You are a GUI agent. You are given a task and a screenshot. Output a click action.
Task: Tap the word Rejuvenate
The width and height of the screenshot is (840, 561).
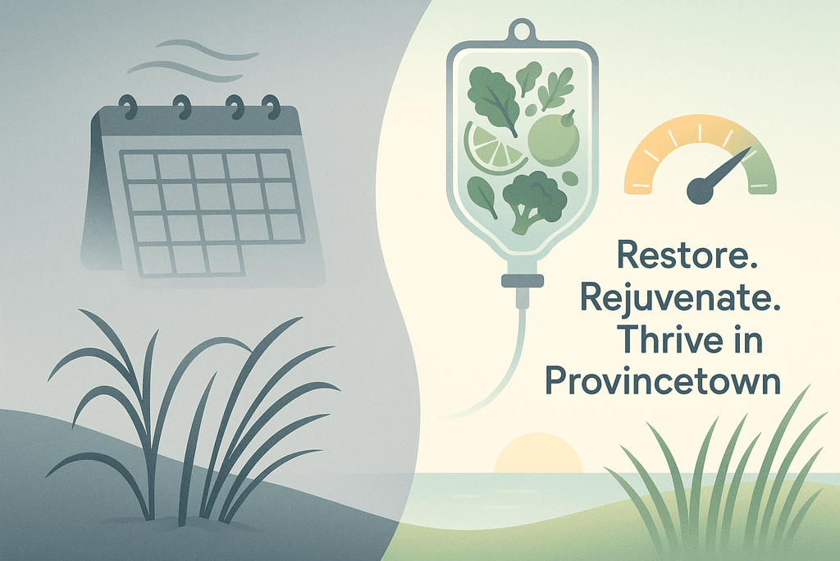click(x=680, y=299)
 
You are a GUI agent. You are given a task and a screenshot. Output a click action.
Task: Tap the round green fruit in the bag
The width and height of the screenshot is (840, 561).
click(x=554, y=138)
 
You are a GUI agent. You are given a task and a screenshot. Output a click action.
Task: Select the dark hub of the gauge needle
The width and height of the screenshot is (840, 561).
click(x=701, y=191)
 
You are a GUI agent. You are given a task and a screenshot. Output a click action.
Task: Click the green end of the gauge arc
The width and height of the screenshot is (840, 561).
click(x=762, y=171)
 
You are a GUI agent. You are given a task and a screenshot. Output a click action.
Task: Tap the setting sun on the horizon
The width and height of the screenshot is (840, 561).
click(x=538, y=453)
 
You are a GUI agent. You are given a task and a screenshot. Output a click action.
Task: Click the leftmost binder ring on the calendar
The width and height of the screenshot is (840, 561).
click(x=129, y=106)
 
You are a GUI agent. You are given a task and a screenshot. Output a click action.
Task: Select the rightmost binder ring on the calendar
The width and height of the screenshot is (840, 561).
click(x=271, y=107)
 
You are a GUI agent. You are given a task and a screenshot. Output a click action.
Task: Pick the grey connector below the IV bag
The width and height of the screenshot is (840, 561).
click(x=523, y=281)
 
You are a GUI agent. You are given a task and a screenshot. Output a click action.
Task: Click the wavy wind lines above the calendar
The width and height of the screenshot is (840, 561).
click(x=193, y=61)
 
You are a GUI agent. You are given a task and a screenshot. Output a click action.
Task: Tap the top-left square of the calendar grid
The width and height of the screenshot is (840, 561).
click(x=139, y=166)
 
